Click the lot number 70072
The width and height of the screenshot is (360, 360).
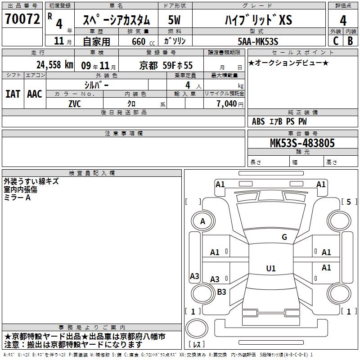pyautogui.click(x=22, y=19)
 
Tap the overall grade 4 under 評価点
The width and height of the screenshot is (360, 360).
pyautogui.click(x=343, y=21)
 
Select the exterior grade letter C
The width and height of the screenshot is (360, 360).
pyautogui.click(x=336, y=41)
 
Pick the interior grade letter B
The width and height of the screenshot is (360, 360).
pyautogui.click(x=350, y=41)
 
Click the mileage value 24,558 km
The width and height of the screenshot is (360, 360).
pyautogui.click(x=55, y=65)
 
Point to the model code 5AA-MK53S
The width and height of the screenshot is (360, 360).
pyautogui.click(x=258, y=41)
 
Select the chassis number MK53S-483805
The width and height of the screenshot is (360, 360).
pyautogui.click(x=302, y=143)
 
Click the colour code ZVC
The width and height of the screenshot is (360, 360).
pyautogui.click(x=75, y=104)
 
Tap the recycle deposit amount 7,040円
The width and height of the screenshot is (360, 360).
pyautogui.click(x=230, y=104)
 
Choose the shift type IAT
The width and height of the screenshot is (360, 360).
pyautogui.click(x=13, y=94)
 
